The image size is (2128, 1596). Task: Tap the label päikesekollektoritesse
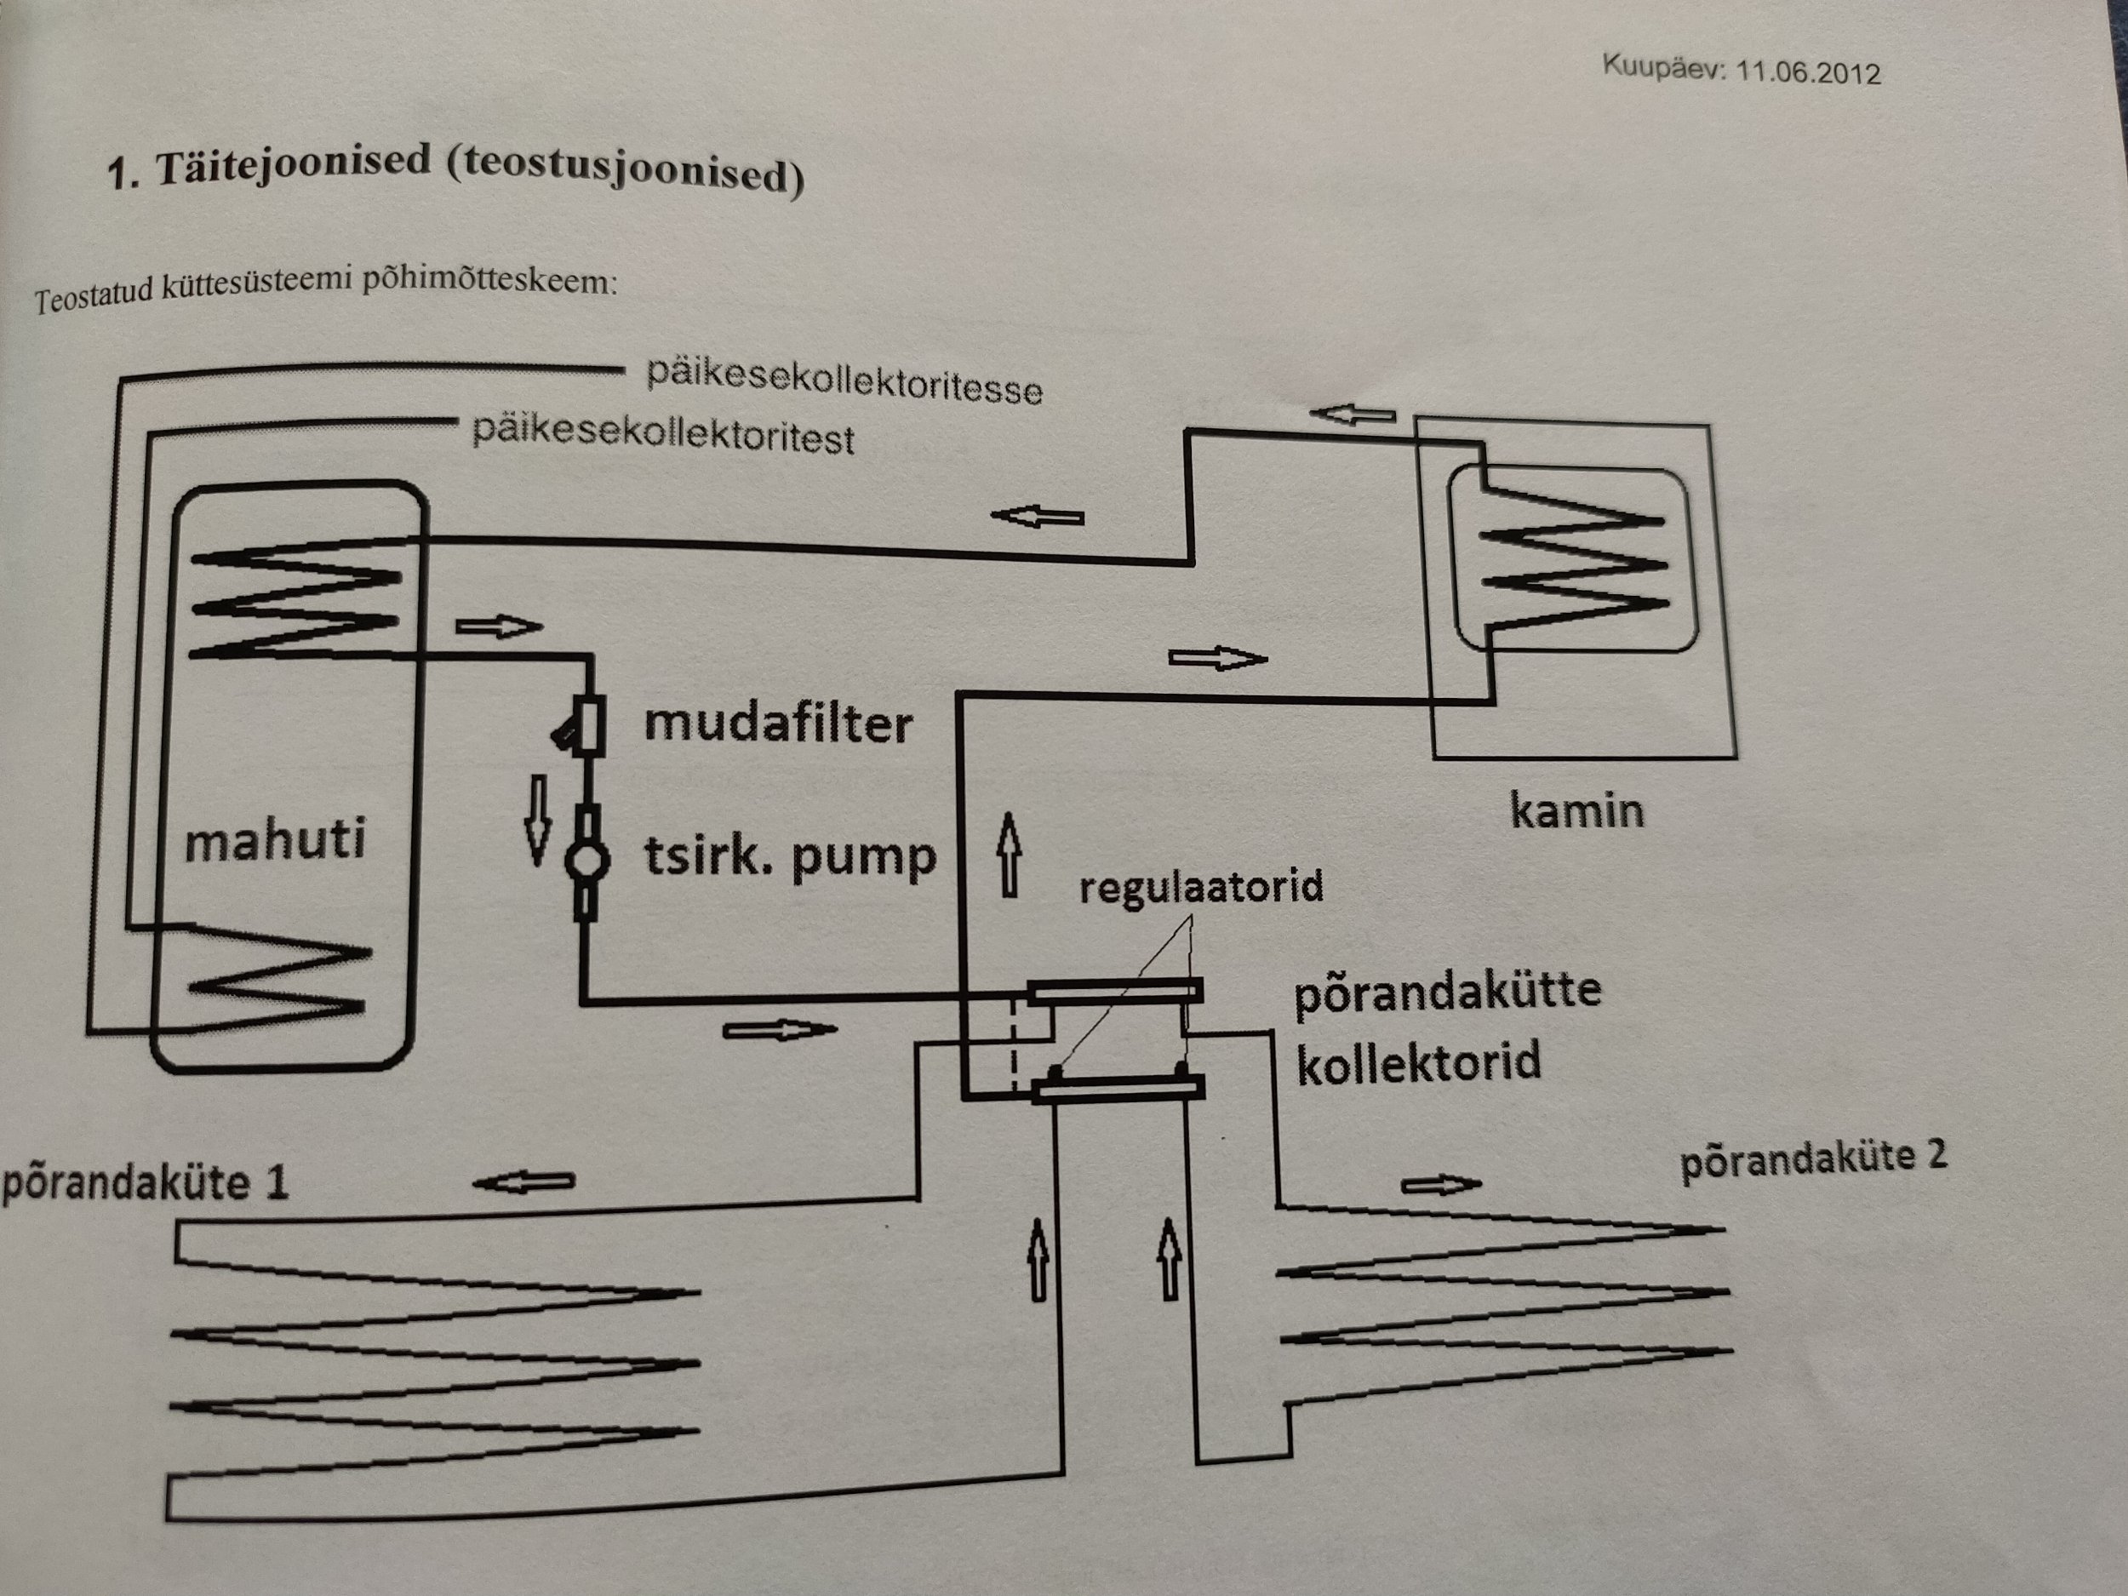point(844,381)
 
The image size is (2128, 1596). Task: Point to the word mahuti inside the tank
point(275,840)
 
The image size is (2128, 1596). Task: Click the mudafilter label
point(777,724)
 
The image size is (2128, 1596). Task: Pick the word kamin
point(1576,811)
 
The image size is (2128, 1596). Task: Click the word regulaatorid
point(1200,886)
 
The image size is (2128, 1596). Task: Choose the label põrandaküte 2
point(1812,1158)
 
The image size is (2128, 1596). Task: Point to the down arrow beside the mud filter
point(537,820)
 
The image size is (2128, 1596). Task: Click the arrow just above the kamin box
point(1352,415)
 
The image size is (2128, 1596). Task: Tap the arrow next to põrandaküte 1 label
point(524,1181)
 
